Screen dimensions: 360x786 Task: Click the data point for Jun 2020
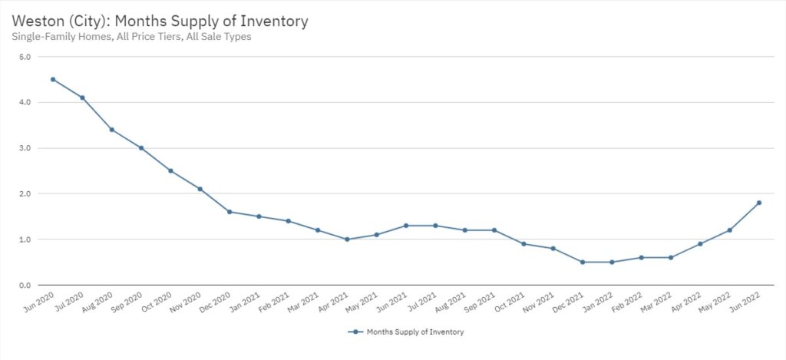pos(53,79)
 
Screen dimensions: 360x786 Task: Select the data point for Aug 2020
pos(112,130)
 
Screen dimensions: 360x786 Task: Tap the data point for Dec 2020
pos(230,212)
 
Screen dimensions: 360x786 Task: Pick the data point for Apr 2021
pos(347,239)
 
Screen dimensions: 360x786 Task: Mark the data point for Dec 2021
pos(583,263)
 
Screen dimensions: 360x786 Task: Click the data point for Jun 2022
pos(759,203)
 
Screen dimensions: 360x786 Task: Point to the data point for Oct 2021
pos(523,244)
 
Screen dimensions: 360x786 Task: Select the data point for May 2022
pos(729,230)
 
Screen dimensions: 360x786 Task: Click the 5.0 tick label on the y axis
pos(25,57)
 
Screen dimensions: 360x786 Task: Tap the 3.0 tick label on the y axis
pos(25,148)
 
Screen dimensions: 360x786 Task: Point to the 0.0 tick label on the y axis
pos(25,286)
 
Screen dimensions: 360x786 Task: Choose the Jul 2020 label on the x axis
pos(71,302)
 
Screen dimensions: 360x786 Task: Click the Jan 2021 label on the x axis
pos(247,302)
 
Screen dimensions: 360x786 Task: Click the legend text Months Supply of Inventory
pos(414,332)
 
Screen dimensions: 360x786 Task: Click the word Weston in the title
pos(36,21)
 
